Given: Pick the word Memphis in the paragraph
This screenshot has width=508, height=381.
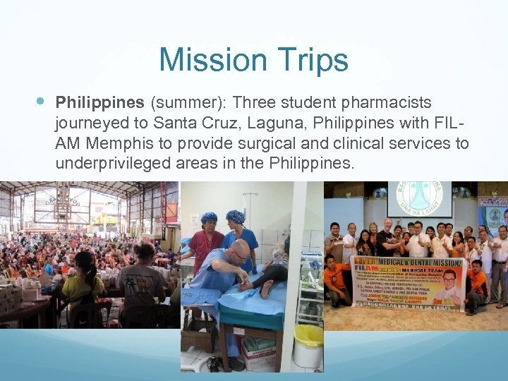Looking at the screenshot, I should (123, 144).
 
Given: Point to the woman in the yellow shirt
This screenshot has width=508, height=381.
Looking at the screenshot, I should (83, 282).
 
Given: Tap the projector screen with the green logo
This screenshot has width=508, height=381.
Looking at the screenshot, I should (419, 200).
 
